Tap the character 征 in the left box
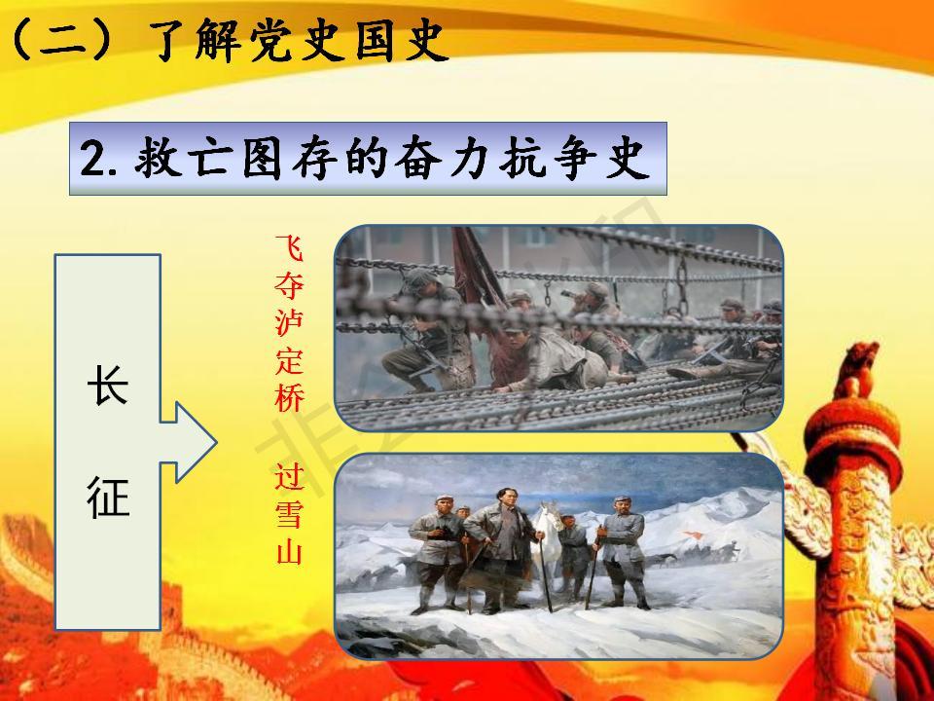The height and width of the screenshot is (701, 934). (x=108, y=497)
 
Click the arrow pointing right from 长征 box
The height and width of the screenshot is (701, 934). (x=189, y=442)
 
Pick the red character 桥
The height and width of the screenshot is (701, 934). (x=290, y=397)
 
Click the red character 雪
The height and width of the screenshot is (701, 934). (x=290, y=514)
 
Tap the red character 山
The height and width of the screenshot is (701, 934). (x=290, y=551)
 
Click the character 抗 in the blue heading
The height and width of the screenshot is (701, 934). (x=521, y=159)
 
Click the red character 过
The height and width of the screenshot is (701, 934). (x=290, y=477)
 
